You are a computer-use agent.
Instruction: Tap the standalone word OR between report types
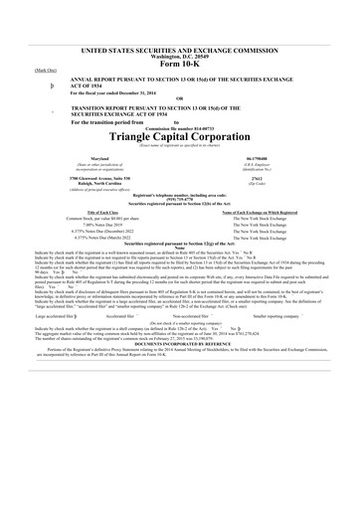point(180,124)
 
